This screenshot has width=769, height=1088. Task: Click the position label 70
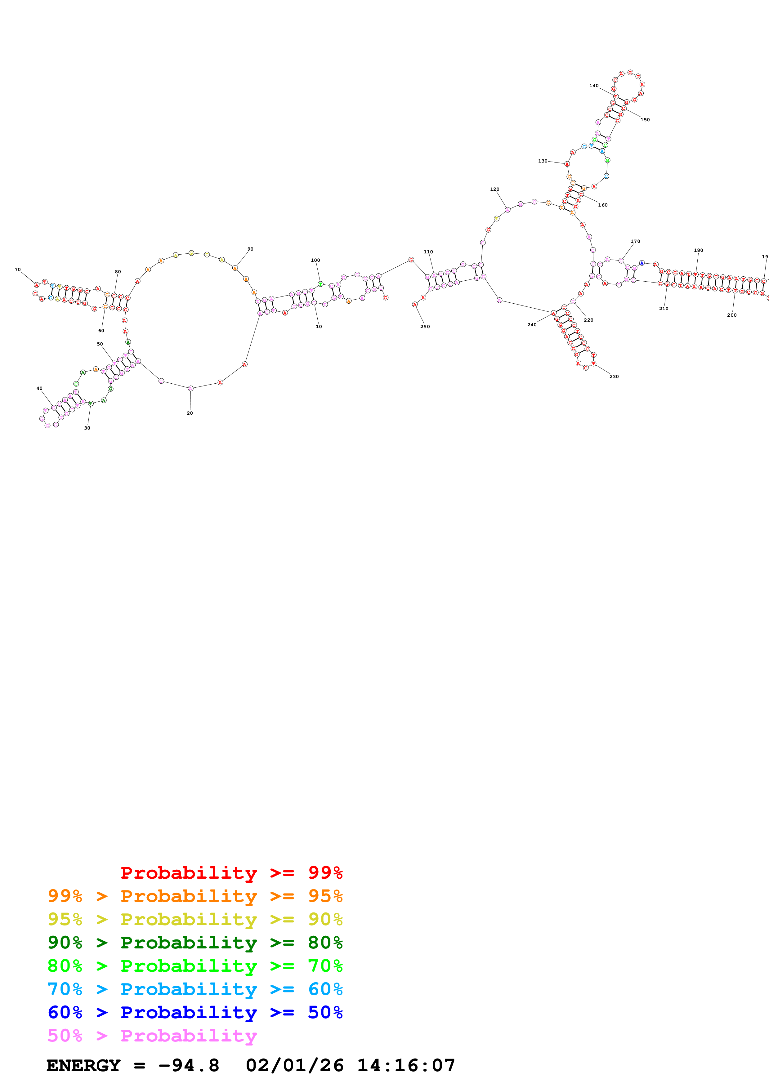pos(18,270)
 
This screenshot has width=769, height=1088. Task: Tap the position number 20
pos(190,413)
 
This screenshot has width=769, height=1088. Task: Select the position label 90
pos(250,249)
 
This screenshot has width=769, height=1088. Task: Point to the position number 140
pos(594,86)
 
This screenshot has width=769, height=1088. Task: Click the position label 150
pos(645,120)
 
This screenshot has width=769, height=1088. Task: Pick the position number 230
pos(614,377)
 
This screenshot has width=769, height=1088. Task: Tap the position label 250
pos(425,327)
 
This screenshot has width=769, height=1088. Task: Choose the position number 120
pos(495,189)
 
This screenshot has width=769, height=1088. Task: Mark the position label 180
pos(698,250)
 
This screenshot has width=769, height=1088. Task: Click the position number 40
pos(39,389)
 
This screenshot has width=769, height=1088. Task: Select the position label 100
pos(315,260)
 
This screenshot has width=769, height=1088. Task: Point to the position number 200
pos(731,315)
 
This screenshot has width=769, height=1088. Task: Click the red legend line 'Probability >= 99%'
pos(231,872)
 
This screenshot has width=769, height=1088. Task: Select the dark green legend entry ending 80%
pos(195,943)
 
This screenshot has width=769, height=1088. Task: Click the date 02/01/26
pos(294,1065)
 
